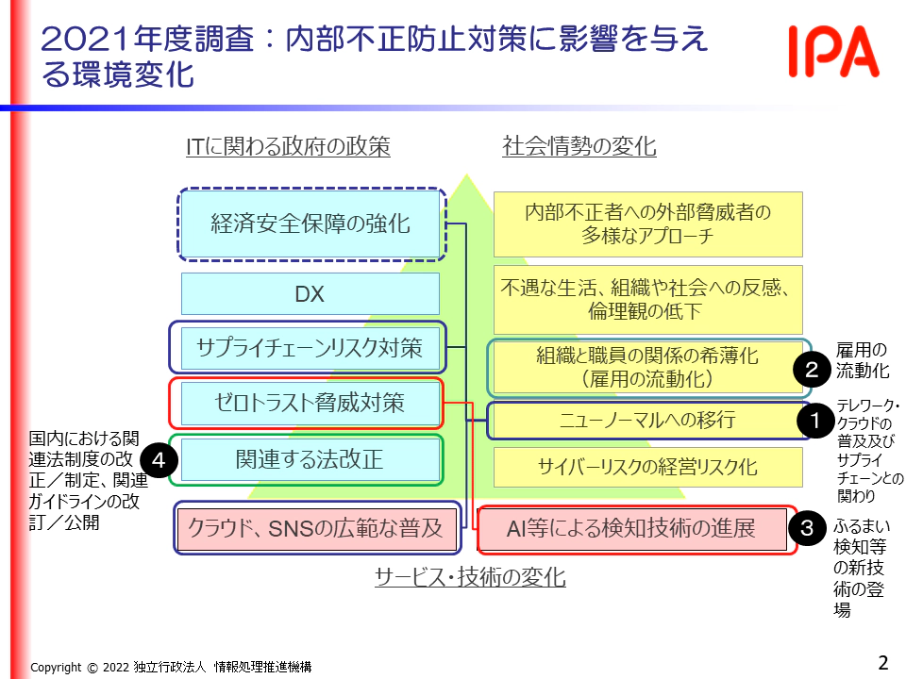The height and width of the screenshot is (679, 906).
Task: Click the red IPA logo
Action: (x=833, y=53)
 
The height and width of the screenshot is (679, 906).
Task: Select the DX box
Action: (x=310, y=294)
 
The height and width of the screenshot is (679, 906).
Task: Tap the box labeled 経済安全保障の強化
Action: (x=310, y=224)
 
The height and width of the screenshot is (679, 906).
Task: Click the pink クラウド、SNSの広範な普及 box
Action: (x=316, y=528)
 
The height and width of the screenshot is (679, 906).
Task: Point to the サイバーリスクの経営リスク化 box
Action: (x=647, y=467)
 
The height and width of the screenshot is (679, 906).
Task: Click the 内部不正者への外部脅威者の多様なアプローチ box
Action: (x=647, y=224)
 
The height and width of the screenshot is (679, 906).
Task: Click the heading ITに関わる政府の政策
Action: (x=288, y=146)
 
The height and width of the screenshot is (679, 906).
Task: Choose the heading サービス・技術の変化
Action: (x=470, y=577)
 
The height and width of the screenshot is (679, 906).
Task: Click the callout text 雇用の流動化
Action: (x=862, y=359)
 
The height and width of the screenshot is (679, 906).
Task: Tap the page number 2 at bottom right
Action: (x=883, y=662)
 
